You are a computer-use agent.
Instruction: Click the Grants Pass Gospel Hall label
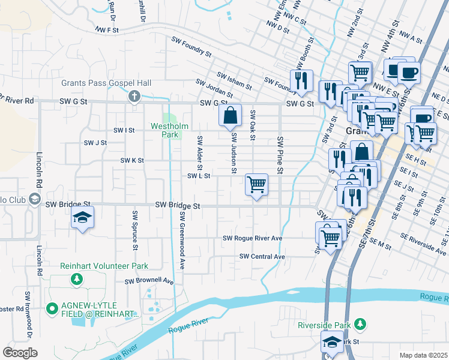106,83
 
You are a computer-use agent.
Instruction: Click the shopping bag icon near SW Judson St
231,115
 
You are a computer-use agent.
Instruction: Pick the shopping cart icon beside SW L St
256,184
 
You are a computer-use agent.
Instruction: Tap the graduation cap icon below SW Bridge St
83,217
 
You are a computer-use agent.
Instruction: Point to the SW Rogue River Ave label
252,238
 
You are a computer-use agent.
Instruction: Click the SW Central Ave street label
262,257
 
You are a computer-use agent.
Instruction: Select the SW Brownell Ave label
149,281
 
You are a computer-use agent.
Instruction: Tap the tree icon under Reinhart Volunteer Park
76,279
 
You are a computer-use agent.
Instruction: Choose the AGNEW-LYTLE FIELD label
93,310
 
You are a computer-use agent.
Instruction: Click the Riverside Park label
324,325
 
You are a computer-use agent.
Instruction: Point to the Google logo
20,353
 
